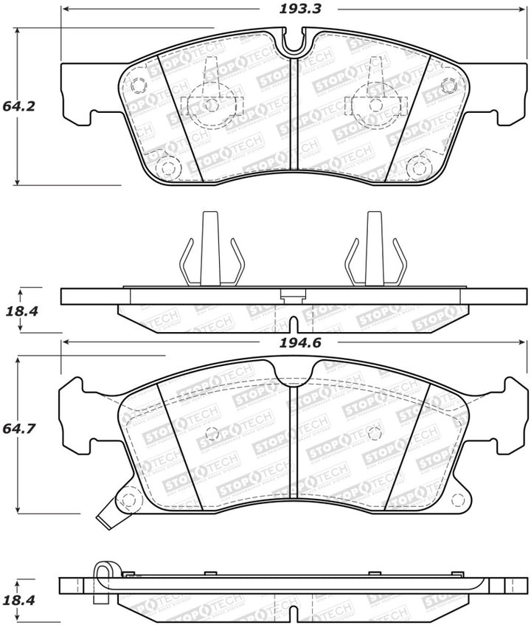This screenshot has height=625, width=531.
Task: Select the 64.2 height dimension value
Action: point(19,106)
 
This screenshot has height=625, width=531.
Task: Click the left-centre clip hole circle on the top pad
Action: point(212,104)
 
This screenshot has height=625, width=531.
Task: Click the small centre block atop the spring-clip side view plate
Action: point(294,296)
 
